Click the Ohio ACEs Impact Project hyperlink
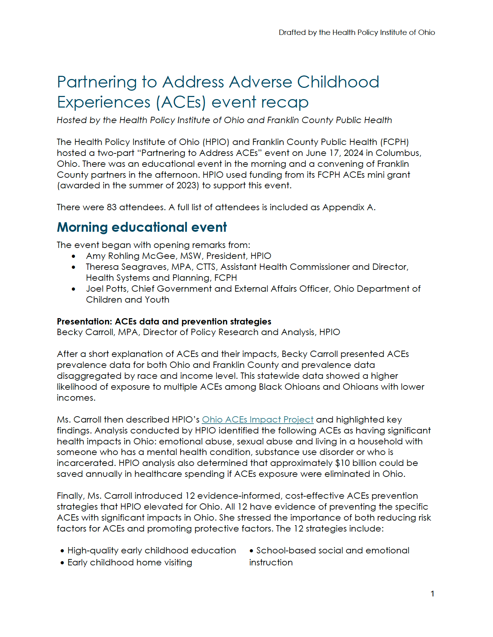(257, 420)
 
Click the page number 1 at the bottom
(432, 594)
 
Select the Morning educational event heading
(142, 227)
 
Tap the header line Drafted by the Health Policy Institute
(357, 32)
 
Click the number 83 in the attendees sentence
(111, 207)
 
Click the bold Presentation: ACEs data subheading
(164, 322)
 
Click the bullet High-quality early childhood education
(152, 551)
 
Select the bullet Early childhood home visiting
(130, 563)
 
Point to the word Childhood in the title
(338, 82)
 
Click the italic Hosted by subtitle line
(224, 120)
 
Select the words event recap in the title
(260, 102)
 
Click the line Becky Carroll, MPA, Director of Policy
(198, 332)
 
